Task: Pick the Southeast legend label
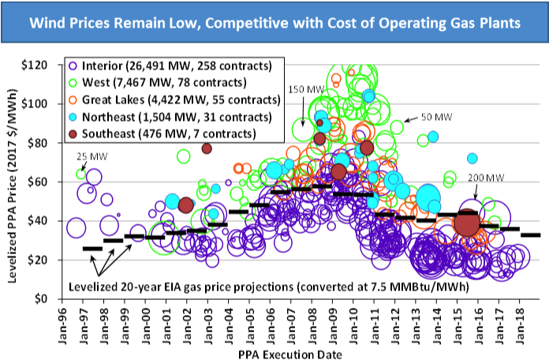[109, 133]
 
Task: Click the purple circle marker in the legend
[73, 66]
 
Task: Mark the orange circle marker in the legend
[73, 99]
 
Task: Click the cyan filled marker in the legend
[73, 117]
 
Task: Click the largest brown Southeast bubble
[467, 223]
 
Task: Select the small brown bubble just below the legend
[207, 148]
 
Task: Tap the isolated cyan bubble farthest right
[472, 158]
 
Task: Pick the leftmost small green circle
[80, 174]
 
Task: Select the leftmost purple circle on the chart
[76, 228]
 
